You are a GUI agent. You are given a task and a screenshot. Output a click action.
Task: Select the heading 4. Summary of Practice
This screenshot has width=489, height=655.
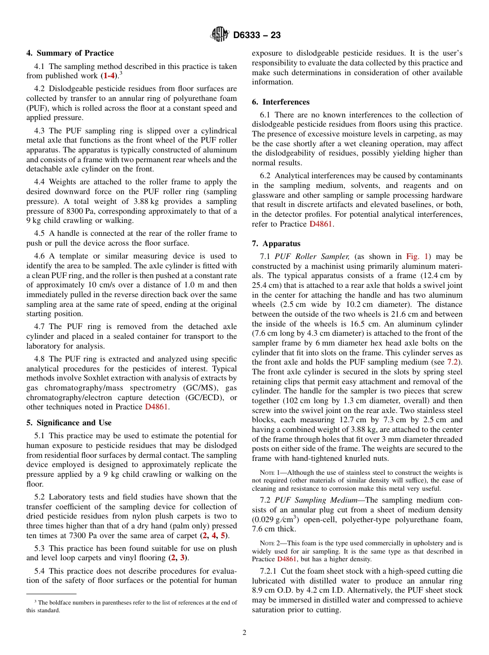(x=70, y=53)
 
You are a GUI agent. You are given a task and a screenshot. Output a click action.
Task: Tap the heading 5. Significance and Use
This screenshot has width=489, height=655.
(x=69, y=423)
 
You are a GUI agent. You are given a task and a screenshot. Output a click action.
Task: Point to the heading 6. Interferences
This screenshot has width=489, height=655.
(x=281, y=102)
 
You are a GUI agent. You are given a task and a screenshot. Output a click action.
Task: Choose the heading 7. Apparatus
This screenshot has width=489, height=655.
(x=276, y=244)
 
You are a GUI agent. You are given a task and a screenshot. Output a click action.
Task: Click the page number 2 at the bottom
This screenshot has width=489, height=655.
(x=244, y=633)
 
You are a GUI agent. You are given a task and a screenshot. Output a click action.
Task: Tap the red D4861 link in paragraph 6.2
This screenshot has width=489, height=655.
(x=321, y=224)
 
